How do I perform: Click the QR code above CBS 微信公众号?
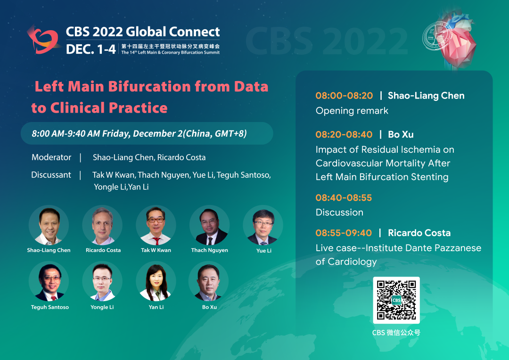coord(396,300)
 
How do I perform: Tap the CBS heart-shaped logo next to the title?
coord(43,40)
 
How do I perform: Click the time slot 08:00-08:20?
coord(344,96)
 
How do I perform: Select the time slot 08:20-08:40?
coord(344,134)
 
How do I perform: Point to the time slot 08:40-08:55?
coord(344,197)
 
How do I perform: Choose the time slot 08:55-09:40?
coord(344,233)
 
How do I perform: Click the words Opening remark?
coord(352,111)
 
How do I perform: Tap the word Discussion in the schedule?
coord(339,213)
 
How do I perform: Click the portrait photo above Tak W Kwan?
coord(156,225)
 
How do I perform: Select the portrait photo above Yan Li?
coord(156,281)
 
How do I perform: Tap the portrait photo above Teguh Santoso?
coord(49,281)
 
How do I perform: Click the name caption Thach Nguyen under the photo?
coord(209,250)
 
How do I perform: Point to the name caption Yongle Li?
coord(102,307)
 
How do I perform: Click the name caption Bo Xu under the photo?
coord(209,307)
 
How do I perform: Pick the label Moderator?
coord(51,157)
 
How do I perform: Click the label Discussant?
coord(51,175)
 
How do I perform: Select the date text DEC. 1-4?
coord(90,49)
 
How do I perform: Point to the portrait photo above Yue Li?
coord(263,225)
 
